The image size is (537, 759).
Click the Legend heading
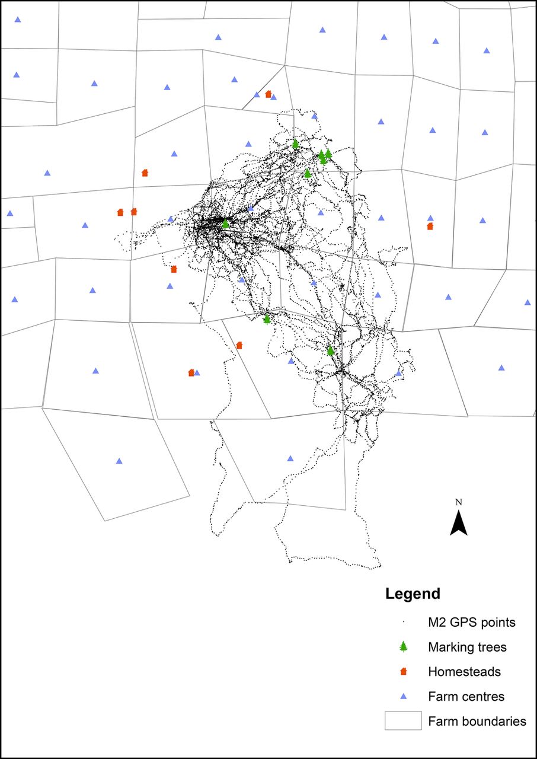413,594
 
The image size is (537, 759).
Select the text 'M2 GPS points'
471,623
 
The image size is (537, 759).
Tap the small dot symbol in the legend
403,622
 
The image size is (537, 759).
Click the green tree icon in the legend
403,647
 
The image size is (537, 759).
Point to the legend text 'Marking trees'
467,647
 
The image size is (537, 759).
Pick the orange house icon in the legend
403,672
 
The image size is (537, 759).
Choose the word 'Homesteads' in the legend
464,672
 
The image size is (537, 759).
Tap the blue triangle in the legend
403,697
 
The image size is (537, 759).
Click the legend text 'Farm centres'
466,697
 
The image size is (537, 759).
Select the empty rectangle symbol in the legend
403,721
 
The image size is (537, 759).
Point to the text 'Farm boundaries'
477,722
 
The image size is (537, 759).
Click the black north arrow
458,523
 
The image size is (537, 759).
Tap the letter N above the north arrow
458,502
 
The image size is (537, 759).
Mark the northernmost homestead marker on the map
268,94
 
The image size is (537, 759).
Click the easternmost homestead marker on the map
430,226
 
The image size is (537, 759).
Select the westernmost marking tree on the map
225,223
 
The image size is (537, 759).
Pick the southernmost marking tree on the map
331,350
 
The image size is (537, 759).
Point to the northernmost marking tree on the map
295,143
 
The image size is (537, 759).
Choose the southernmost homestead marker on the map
191,372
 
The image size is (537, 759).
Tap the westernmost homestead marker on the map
120,212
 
